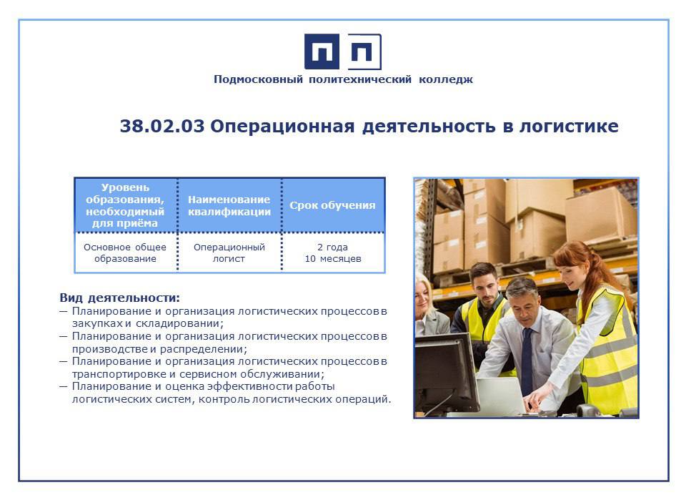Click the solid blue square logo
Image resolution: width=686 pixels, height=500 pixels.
pos(322,52)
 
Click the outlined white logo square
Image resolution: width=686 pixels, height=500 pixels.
pos(364,52)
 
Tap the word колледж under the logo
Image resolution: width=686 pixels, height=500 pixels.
pos(446,79)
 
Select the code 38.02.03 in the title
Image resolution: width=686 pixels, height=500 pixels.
pos(162,126)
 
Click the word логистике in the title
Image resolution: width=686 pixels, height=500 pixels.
pos(569,126)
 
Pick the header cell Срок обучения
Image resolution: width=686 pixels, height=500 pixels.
pos(332,205)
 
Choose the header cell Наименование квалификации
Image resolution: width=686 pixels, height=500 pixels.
pos(229,205)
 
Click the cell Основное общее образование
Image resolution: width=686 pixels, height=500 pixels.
pos(125,253)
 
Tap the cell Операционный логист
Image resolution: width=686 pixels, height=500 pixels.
pos(229,253)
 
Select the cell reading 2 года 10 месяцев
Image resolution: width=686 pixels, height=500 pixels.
pos(333,253)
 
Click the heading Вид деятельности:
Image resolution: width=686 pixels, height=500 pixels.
pos(119,298)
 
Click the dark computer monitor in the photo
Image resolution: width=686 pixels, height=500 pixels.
pos(445,371)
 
